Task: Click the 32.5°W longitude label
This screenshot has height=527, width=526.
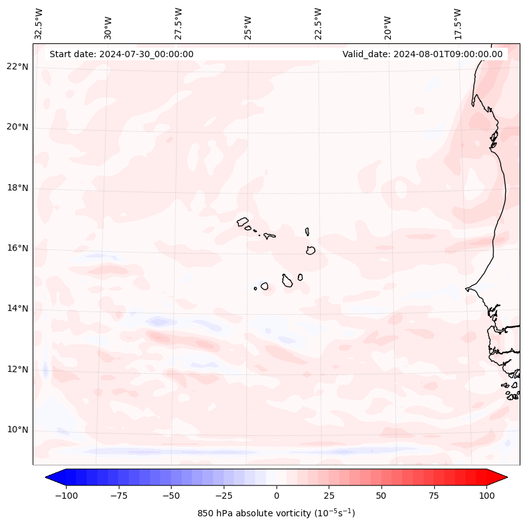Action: pos(39,24)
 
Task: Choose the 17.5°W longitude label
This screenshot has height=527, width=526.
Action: pos(458,24)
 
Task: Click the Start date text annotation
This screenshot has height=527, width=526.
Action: pos(121,54)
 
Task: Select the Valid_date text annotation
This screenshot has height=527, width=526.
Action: pos(422,54)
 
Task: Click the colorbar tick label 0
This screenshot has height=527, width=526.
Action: pos(276,496)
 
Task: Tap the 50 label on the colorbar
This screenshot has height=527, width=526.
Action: pos(381,496)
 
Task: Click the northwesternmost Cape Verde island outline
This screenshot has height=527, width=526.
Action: pos(243,222)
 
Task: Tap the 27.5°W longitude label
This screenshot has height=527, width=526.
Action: pos(178,24)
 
